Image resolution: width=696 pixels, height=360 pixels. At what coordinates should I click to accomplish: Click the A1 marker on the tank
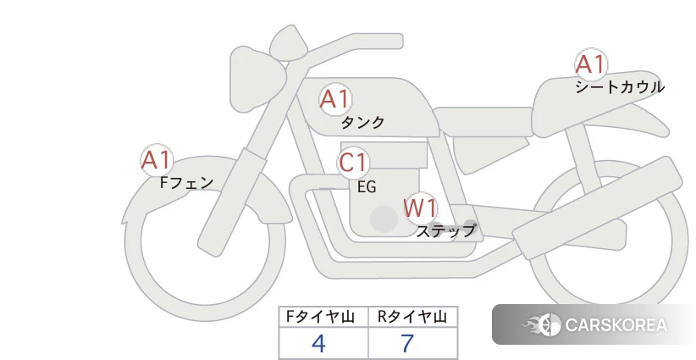(x=335, y=99)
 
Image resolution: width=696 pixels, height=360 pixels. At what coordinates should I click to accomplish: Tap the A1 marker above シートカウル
(x=591, y=64)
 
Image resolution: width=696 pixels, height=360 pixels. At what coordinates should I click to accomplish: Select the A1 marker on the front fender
(x=157, y=160)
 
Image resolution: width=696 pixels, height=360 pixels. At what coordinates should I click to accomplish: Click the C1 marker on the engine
(x=353, y=163)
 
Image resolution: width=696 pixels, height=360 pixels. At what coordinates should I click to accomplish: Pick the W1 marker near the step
(x=420, y=208)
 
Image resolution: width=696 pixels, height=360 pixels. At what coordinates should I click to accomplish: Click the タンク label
(x=362, y=122)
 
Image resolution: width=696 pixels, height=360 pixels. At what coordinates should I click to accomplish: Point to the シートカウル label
(x=620, y=87)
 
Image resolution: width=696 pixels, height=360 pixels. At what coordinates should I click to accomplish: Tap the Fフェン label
(x=186, y=182)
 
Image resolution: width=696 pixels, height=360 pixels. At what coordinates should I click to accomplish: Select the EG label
(x=367, y=187)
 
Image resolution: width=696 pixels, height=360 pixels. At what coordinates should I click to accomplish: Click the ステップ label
(x=445, y=231)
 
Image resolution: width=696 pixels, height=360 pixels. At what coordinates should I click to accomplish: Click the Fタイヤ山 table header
(x=320, y=317)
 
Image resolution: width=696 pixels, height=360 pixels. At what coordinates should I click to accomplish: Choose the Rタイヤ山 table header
(x=412, y=317)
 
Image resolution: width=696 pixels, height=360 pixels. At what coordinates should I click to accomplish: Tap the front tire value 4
(x=318, y=343)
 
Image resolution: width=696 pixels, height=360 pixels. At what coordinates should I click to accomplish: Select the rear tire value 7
(x=407, y=343)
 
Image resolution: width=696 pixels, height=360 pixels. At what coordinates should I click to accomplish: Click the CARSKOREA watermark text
(x=616, y=325)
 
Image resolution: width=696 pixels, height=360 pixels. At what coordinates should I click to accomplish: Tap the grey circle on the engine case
(x=384, y=219)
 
